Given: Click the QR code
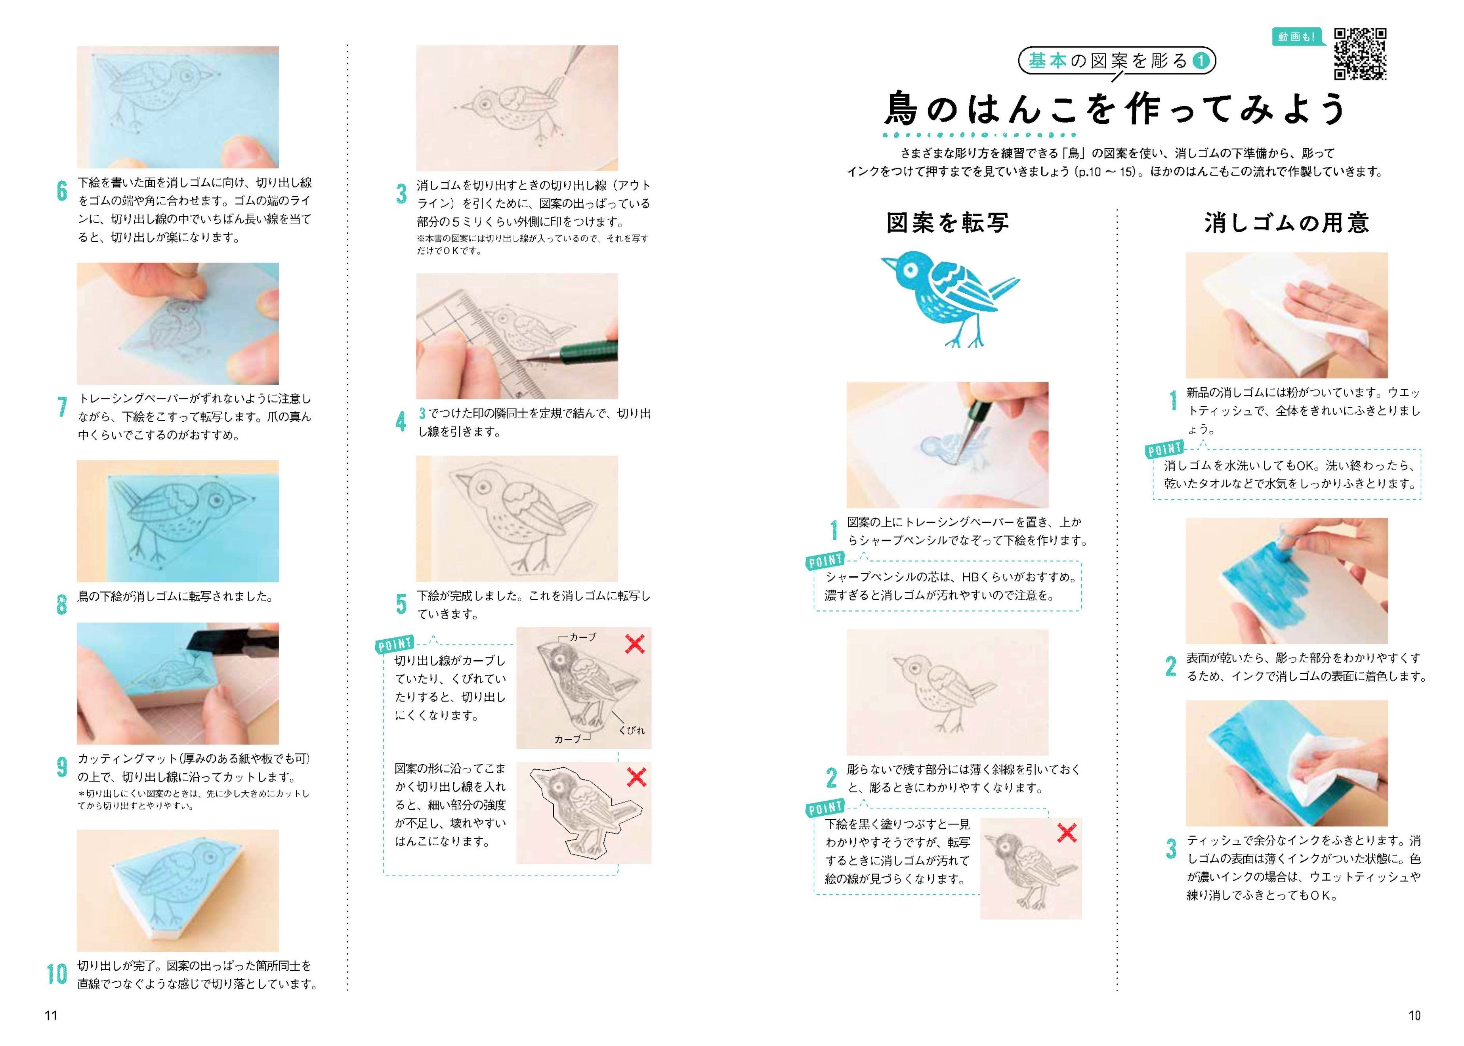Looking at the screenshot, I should pyautogui.click(x=1360, y=54).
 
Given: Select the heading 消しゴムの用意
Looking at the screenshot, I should pyautogui.click(x=1286, y=223).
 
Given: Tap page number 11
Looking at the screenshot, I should pyautogui.click(x=51, y=1016).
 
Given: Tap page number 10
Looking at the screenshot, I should pyautogui.click(x=1414, y=1016).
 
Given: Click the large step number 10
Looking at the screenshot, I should pyautogui.click(x=57, y=974).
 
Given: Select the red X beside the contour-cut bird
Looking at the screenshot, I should pyautogui.click(x=636, y=777).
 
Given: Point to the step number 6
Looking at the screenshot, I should pyautogui.click(x=62, y=191).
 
